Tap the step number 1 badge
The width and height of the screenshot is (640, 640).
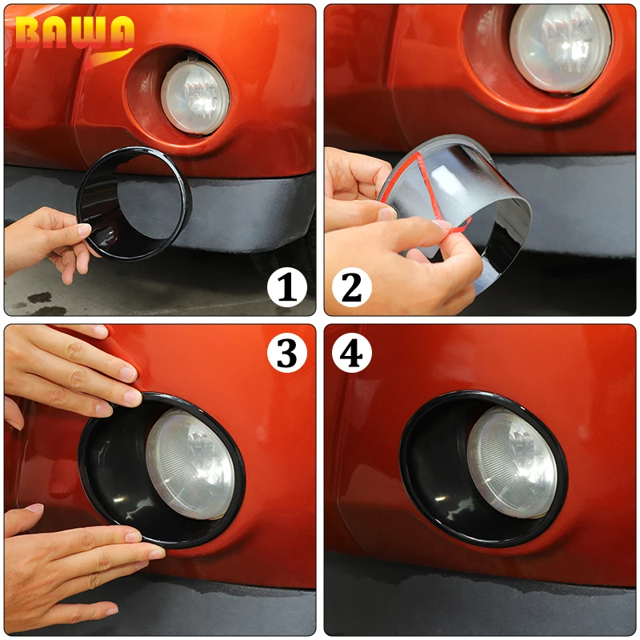pyautogui.click(x=287, y=287)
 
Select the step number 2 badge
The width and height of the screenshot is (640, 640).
pyautogui.click(x=352, y=287)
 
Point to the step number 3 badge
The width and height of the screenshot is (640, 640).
pyautogui.click(x=287, y=353)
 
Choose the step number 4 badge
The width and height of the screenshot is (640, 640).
pyautogui.click(x=352, y=353)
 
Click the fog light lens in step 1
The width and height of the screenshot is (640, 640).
pyautogui.click(x=195, y=98)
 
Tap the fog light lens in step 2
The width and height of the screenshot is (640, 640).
pyautogui.click(x=561, y=46)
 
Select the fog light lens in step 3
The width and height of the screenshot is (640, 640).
pyautogui.click(x=190, y=462)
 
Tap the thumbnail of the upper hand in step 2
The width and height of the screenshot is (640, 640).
pyautogui.click(x=387, y=213)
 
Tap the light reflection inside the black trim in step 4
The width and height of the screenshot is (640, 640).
pyautogui.click(x=440, y=498)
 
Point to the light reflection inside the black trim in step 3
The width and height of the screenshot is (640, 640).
pyautogui.click(x=118, y=499)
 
